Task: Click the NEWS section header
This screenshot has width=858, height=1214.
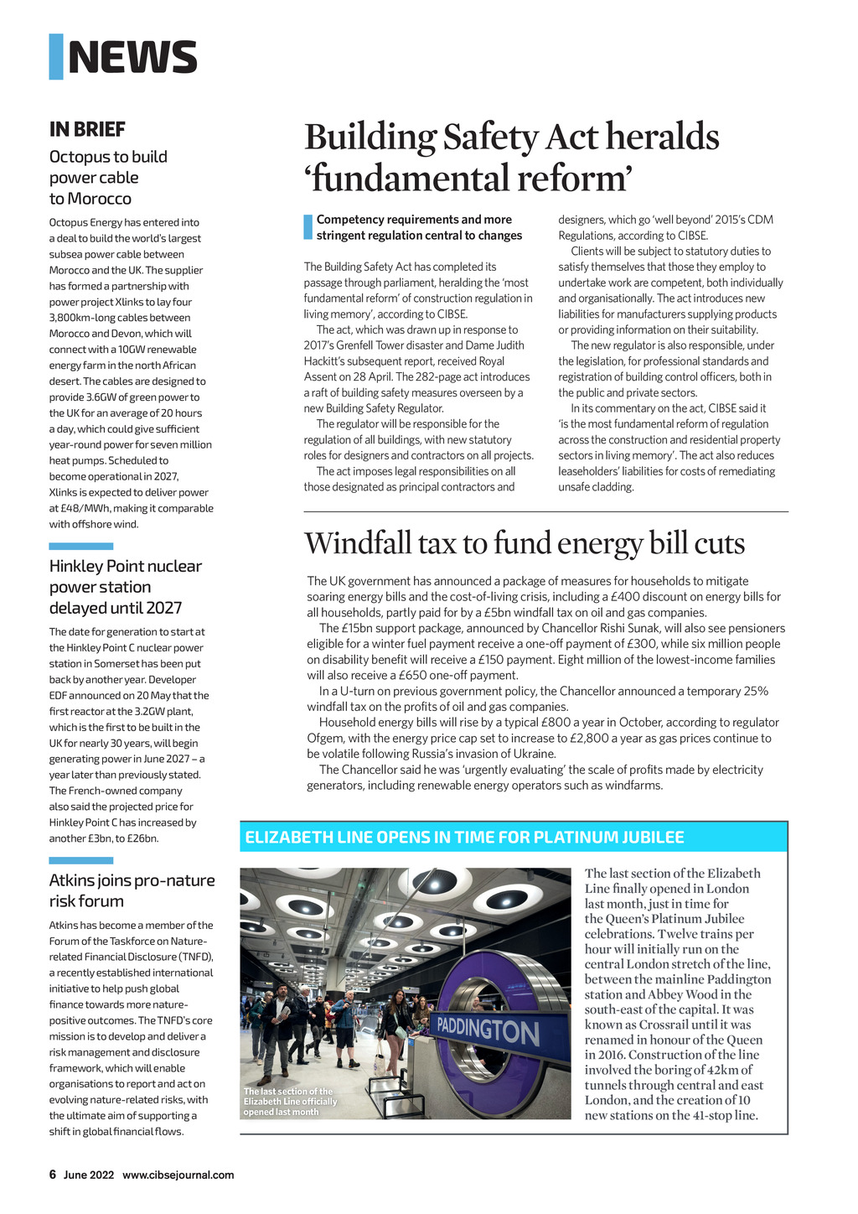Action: (132, 57)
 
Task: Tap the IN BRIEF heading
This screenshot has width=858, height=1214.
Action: (87, 129)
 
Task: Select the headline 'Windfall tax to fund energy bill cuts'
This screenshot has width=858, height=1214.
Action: (525, 544)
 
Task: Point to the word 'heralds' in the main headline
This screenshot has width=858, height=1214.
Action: (663, 137)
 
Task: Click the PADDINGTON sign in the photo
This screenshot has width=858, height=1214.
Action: (488, 1030)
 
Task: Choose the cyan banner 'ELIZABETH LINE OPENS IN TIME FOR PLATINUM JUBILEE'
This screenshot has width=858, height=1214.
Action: (464, 837)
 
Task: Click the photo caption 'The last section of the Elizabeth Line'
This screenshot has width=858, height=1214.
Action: (290, 1102)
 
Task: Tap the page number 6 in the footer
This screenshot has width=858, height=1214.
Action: (53, 1175)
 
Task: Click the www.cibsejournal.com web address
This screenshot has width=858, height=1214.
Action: (178, 1175)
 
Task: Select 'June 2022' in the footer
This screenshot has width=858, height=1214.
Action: (89, 1175)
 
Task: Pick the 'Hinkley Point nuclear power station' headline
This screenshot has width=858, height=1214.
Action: (126, 587)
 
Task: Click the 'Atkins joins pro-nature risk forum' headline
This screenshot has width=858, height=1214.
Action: (132, 890)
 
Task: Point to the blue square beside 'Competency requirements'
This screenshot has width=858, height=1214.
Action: (308, 227)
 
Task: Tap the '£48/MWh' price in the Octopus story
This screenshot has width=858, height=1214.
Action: (75, 508)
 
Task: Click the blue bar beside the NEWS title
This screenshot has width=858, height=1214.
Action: (56, 57)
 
